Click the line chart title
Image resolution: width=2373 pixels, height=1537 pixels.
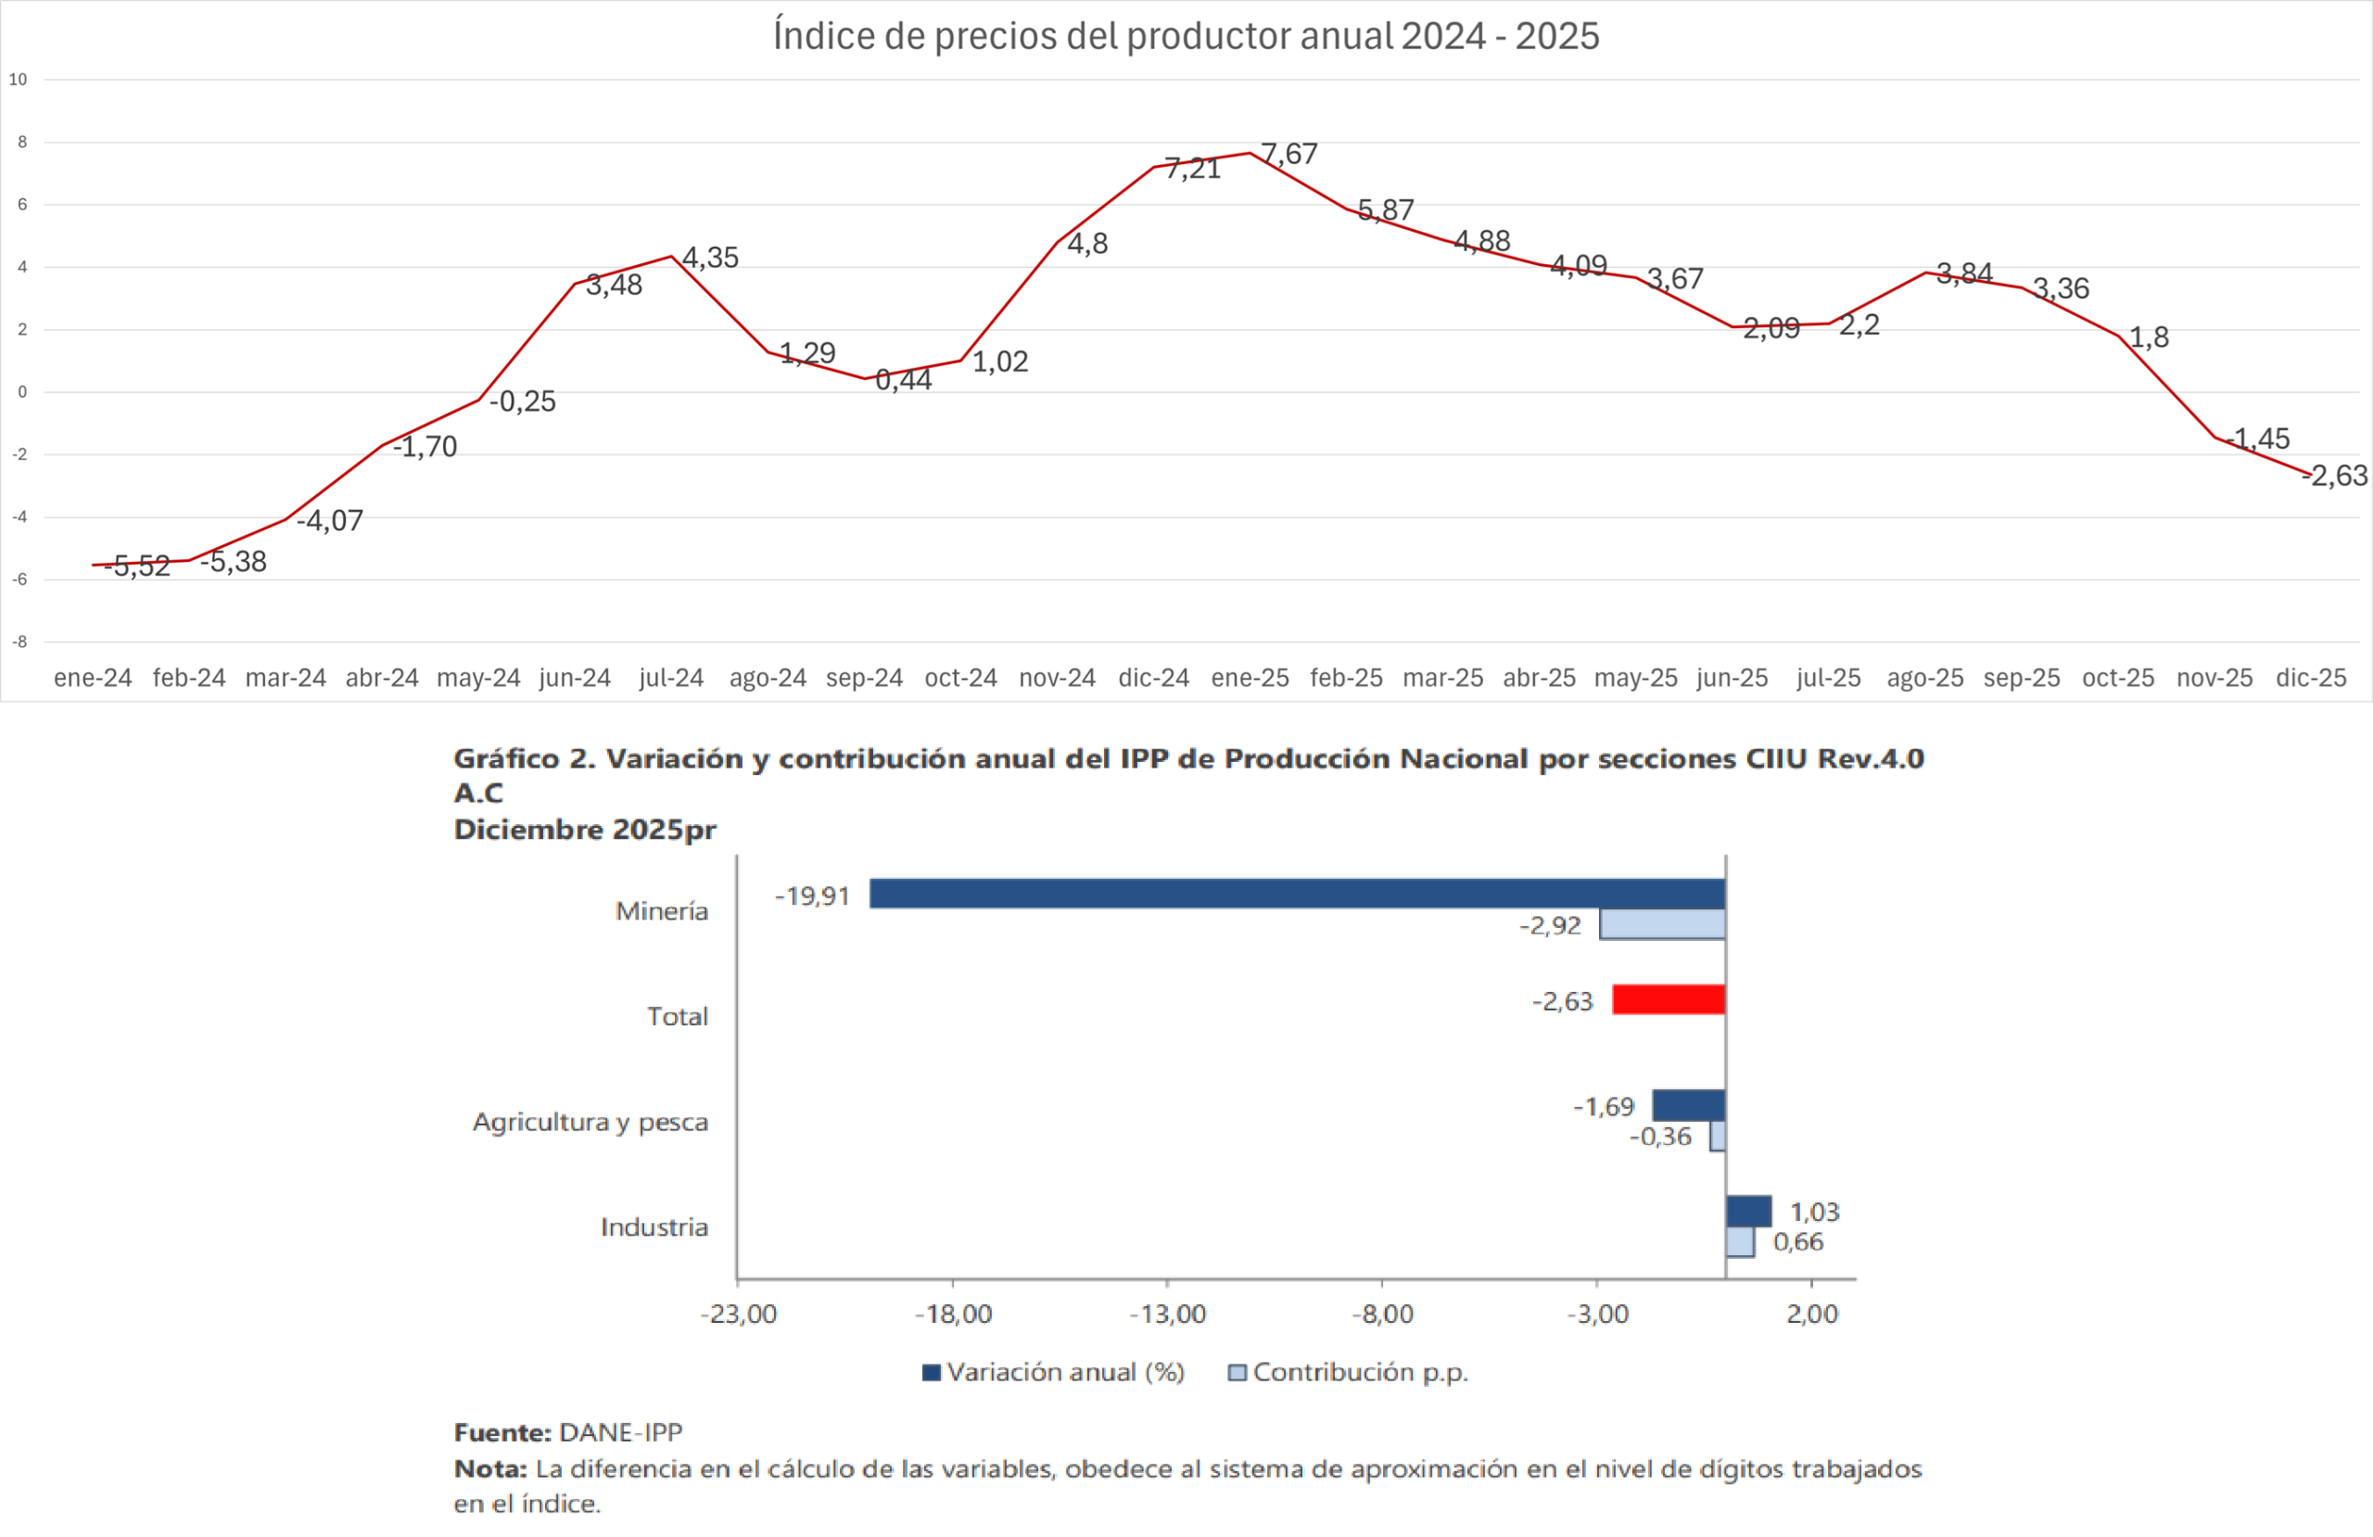click(x=1186, y=36)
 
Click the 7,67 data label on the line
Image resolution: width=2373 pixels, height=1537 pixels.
click(x=1289, y=154)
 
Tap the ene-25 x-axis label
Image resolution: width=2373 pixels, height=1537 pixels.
click(x=1250, y=679)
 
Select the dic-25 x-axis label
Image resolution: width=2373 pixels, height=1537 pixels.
click(x=2310, y=679)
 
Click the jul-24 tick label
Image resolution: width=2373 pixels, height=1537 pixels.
click(x=671, y=679)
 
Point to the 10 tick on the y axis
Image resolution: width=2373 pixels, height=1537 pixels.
click(x=18, y=80)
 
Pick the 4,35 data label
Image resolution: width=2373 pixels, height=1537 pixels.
click(x=710, y=258)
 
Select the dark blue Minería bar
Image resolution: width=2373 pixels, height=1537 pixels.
click(x=1296, y=894)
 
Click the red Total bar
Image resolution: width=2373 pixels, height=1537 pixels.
click(x=1669, y=999)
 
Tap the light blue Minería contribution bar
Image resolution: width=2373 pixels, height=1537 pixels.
click(x=1662, y=924)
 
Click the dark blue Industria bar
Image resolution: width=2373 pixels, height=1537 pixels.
click(x=1748, y=1211)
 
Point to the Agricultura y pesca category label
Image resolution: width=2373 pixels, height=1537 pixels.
click(x=590, y=1122)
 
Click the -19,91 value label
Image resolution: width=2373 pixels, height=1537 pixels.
click(x=812, y=896)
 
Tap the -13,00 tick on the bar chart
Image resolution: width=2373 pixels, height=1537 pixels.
click(x=1168, y=1314)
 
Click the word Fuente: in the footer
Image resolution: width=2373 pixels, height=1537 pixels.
click(x=501, y=1432)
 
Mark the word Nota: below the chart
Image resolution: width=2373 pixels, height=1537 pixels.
click(x=489, y=1468)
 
